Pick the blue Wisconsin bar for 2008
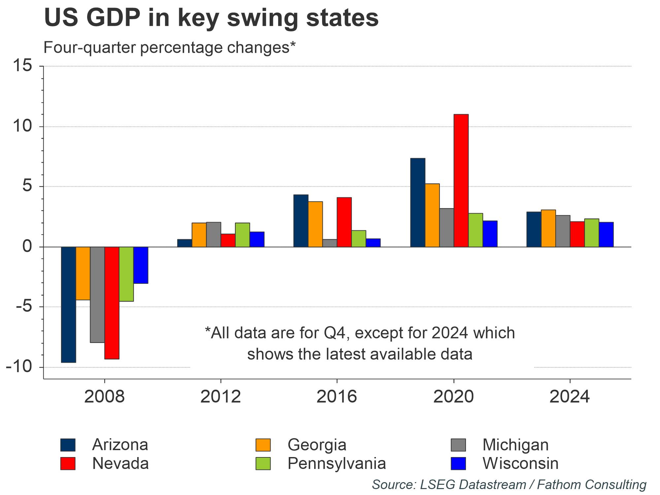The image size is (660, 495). (141, 265)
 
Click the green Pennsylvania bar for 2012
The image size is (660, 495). (243, 235)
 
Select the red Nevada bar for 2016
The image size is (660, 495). (344, 222)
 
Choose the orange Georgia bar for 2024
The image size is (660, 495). (548, 228)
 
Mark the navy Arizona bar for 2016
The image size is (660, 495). (301, 221)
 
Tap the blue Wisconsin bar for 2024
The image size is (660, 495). (606, 235)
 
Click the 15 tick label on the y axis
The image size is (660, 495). (22, 66)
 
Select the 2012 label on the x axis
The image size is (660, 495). (220, 397)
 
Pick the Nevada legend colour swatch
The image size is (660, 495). (68, 463)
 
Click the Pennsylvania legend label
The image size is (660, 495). (337, 463)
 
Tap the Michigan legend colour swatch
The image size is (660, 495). (458, 445)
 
